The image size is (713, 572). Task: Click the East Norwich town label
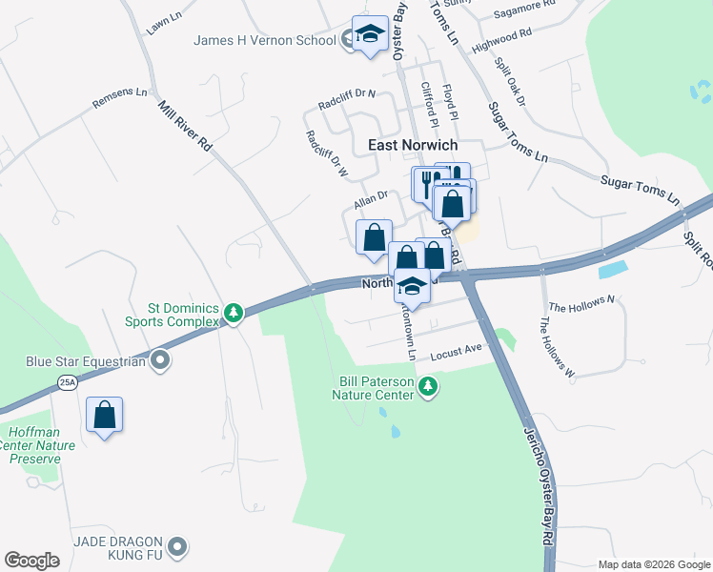pos(413,145)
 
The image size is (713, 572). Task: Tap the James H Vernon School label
pos(264,40)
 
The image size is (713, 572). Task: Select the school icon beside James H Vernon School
pos(370,35)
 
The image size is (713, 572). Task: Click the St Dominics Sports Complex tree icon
pos(232,312)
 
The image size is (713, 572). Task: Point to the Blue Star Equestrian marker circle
pos(160,361)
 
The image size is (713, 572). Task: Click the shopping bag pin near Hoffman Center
pos(105,415)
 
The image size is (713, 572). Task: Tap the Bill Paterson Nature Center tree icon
pos(430,386)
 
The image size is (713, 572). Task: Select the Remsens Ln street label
pos(120,97)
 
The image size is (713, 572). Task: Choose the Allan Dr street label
pos(370,199)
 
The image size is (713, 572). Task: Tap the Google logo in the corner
pos(31,561)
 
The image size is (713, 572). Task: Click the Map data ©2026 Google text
pos(653,563)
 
